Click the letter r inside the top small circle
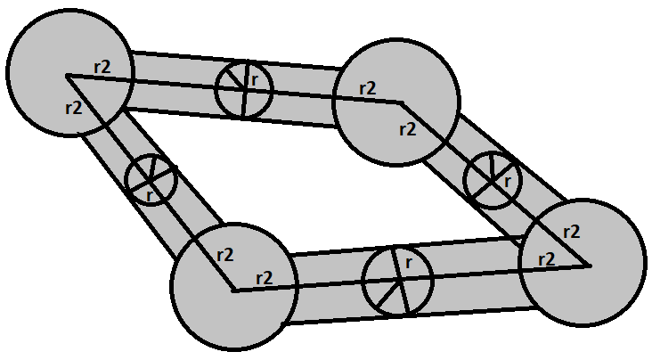(255, 80)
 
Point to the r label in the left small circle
(151, 195)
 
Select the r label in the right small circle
(508, 182)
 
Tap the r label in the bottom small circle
(409, 263)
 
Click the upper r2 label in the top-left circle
(102, 67)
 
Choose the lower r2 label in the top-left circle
(74, 108)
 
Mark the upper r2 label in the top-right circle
(368, 88)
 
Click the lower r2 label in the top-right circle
(408, 130)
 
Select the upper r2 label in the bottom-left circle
(225, 255)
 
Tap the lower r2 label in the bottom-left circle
(265, 278)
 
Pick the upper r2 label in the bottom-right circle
(572, 232)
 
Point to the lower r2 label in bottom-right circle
(547, 260)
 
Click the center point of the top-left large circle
(68, 76)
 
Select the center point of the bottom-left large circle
(234, 290)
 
